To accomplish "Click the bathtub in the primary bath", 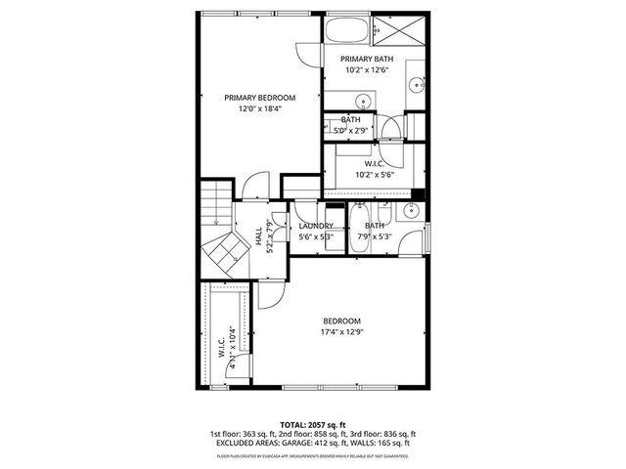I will coord(350,29).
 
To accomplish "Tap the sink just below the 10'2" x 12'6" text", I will coord(362,100).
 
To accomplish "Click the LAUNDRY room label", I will coord(316,226).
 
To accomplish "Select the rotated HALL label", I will coord(259,235).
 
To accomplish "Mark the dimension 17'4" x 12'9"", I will coord(342,333).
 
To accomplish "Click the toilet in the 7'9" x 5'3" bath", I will coord(385,212).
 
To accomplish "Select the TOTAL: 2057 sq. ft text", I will coord(312,425).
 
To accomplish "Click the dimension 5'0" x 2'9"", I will coord(351,130).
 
